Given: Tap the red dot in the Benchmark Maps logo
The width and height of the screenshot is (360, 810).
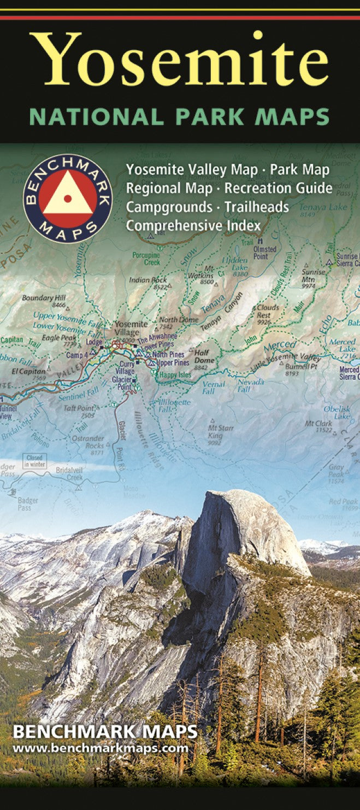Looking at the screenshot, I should pyautogui.click(x=67, y=198).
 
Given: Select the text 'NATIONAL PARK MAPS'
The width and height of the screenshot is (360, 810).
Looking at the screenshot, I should pyautogui.click(x=180, y=117).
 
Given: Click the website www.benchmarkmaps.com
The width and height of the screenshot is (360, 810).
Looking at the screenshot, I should pyautogui.click(x=100, y=748).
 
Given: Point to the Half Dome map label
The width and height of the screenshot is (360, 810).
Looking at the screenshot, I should pyautogui.click(x=202, y=356).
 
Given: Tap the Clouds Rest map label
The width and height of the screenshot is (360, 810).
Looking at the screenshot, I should pyautogui.click(x=268, y=311).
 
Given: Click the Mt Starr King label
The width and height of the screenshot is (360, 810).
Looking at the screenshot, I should pyautogui.click(x=221, y=431).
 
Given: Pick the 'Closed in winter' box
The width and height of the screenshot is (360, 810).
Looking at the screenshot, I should pyautogui.click(x=34, y=461).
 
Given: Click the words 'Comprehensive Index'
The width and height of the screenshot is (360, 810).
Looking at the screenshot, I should pyautogui.click(x=193, y=225).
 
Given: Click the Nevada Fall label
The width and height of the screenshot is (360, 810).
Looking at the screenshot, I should pyautogui.click(x=251, y=385).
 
